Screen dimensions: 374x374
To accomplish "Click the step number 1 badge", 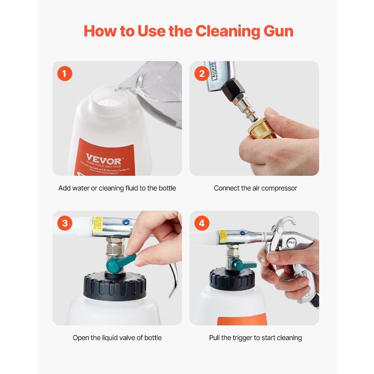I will pyautogui.click(x=64, y=74).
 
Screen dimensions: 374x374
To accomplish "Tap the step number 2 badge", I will pyautogui.click(x=202, y=74).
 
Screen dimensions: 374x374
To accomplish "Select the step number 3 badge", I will pyautogui.click(x=64, y=223).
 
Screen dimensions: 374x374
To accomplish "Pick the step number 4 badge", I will pyautogui.click(x=202, y=223).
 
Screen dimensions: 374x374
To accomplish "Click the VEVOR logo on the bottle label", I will pyautogui.click(x=98, y=159).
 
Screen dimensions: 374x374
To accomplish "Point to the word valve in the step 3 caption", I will pyautogui.click(x=127, y=337).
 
